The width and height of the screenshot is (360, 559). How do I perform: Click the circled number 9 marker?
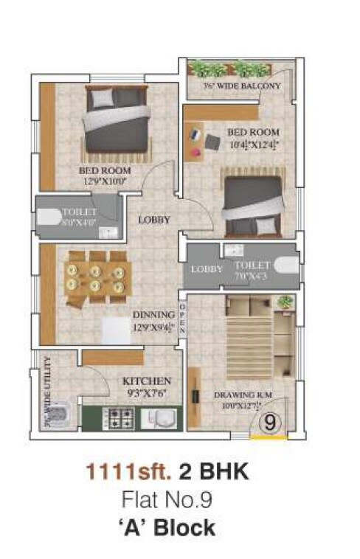271,423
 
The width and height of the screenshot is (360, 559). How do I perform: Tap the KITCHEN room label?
147,381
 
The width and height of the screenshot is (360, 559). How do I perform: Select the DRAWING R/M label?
243,396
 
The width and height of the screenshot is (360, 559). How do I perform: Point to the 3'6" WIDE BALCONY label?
242,86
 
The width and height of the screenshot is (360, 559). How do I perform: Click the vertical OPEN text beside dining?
182,319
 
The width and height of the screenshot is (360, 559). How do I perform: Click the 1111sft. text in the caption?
119,472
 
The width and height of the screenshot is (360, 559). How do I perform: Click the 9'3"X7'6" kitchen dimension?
148,392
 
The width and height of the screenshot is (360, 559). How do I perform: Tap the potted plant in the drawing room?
284,302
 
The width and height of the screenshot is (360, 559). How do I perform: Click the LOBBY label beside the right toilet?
207,269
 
